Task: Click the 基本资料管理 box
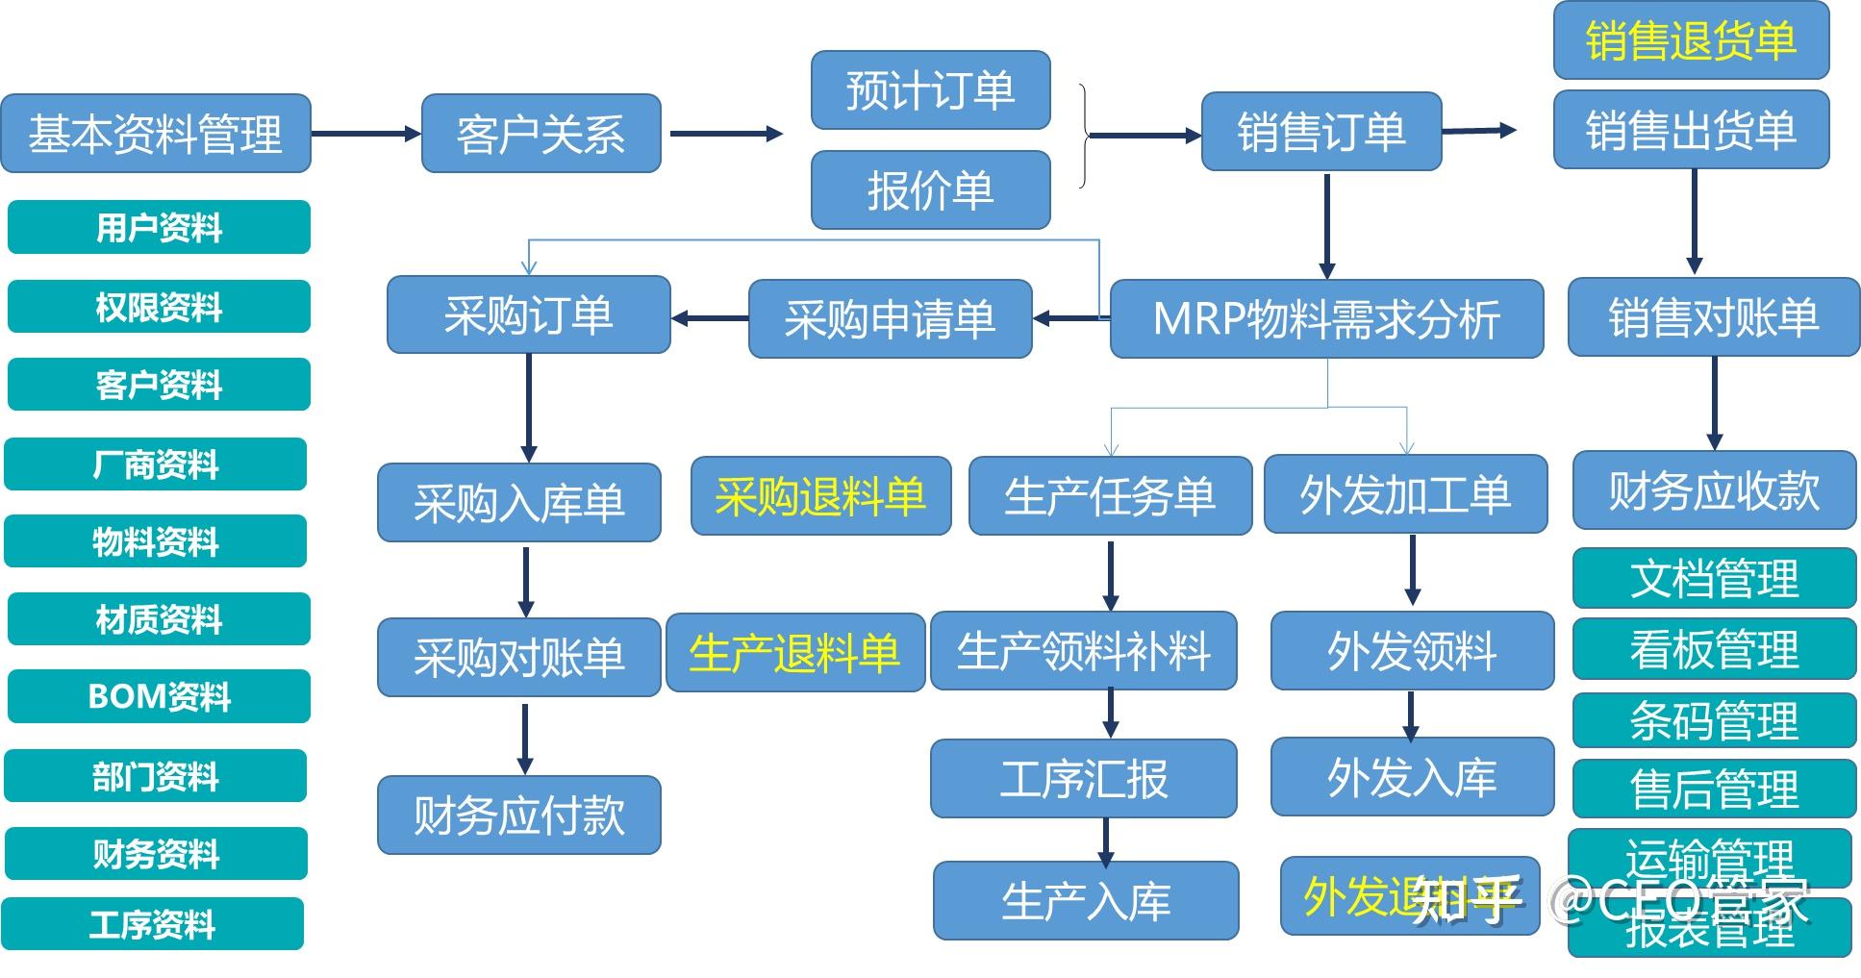(x=156, y=134)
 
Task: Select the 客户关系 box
(x=541, y=134)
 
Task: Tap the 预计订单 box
(x=930, y=90)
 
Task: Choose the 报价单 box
(x=930, y=190)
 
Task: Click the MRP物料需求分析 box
(x=1326, y=319)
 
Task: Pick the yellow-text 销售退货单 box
(x=1691, y=40)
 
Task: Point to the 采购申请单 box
(x=890, y=319)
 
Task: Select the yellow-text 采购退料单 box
(x=820, y=496)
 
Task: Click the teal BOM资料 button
(x=159, y=696)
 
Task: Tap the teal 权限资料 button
(x=159, y=307)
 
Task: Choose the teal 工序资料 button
(x=153, y=924)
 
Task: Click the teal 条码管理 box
(x=1714, y=720)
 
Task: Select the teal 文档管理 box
(x=1714, y=579)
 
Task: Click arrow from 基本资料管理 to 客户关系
(x=365, y=134)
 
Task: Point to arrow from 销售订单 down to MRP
(x=1327, y=226)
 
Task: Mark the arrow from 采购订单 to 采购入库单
(x=528, y=408)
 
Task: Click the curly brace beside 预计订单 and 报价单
(x=1085, y=136)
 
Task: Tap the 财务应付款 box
(x=518, y=815)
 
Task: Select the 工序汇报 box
(x=1083, y=779)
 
